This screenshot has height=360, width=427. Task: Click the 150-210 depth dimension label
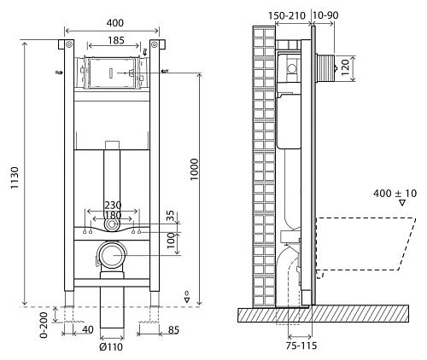pos(284,15)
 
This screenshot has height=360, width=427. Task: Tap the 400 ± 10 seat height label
pos(395,194)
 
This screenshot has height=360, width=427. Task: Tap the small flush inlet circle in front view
pos(114,226)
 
